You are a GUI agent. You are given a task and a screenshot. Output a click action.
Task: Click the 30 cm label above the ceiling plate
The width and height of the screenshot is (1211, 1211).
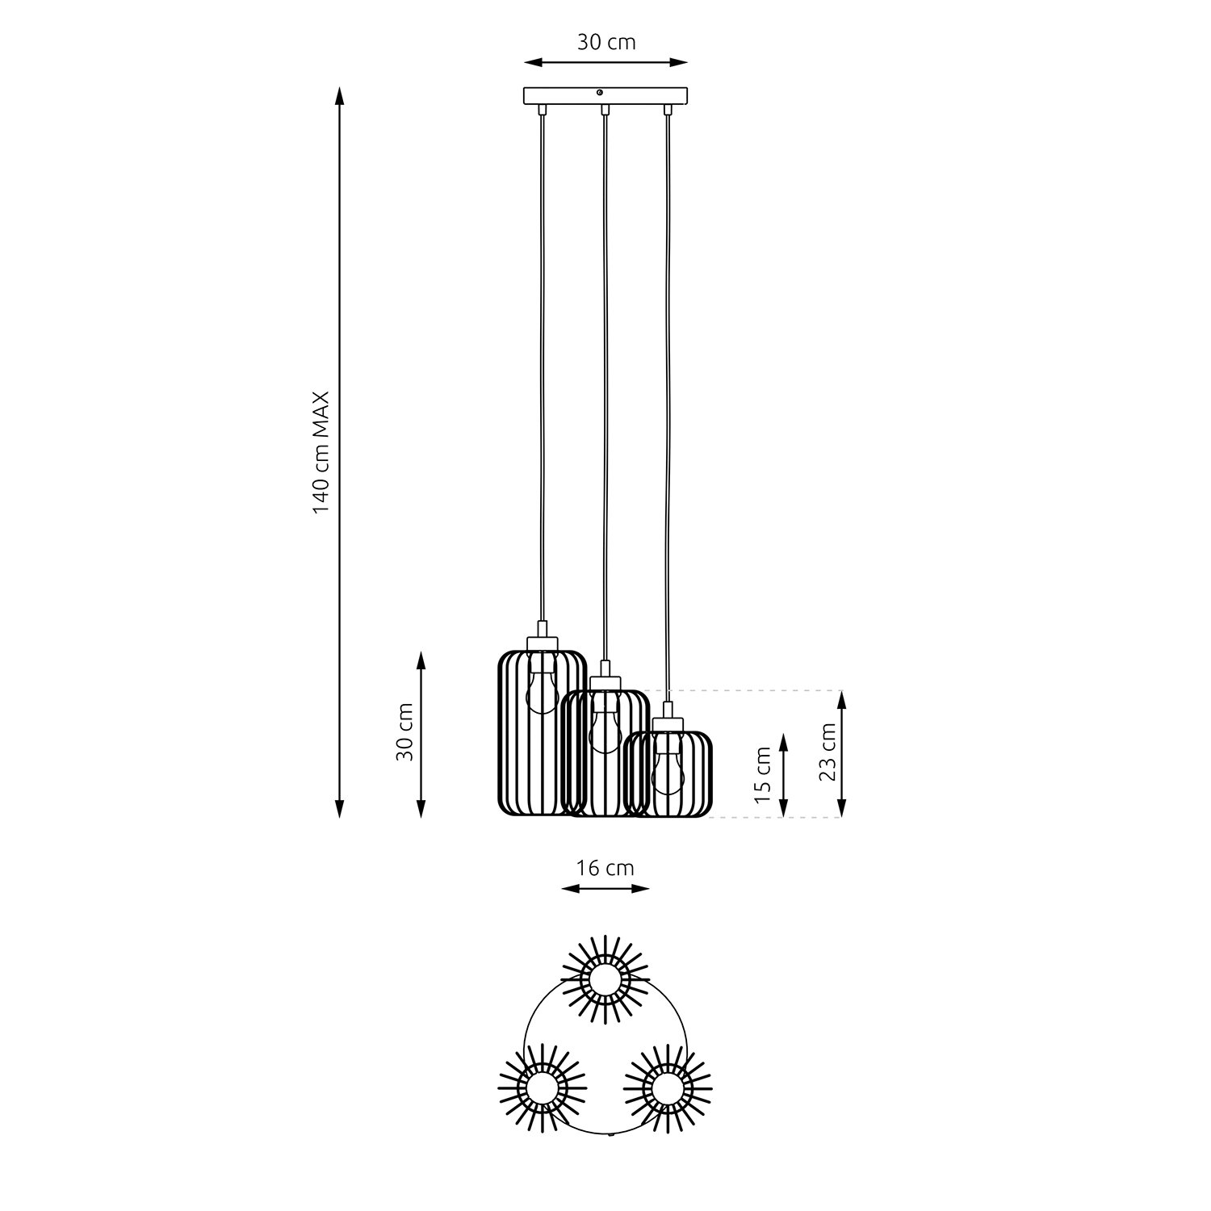point(606,42)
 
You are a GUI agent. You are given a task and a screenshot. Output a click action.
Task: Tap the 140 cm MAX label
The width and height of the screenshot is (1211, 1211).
point(322,453)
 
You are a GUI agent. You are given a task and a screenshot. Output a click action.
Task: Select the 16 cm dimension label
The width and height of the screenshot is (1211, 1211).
point(605,869)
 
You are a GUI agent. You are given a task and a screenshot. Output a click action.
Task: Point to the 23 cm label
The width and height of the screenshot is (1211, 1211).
point(827,754)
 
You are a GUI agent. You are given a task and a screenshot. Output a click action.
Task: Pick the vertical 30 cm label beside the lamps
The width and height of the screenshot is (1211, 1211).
point(405,731)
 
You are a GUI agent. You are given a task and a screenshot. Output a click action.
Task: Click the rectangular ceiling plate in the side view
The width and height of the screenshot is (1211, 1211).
point(606,96)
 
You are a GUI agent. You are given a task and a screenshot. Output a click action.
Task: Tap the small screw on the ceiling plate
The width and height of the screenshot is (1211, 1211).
point(600,93)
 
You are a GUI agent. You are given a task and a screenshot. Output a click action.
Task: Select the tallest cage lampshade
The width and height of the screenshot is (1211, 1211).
point(540,731)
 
